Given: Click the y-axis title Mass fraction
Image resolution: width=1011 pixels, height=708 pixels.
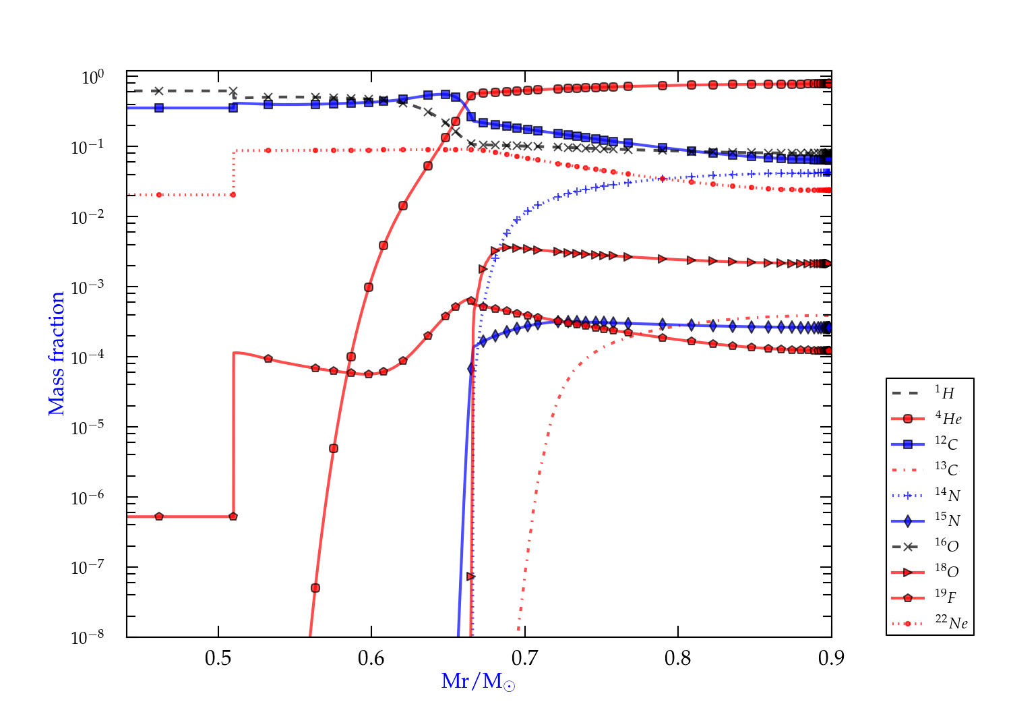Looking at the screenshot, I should point(57,354).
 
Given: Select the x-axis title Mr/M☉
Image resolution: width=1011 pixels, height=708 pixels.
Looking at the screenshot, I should point(478,681).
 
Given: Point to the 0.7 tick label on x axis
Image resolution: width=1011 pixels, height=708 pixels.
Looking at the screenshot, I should point(524,658).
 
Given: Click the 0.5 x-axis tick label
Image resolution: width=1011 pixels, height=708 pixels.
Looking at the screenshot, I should point(218,658).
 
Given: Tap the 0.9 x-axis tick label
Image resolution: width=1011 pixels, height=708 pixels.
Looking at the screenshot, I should point(831,658).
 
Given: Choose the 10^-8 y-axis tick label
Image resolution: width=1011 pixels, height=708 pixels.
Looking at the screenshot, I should point(87,637).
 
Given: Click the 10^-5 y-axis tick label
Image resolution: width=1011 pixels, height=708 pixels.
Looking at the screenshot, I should point(87,427).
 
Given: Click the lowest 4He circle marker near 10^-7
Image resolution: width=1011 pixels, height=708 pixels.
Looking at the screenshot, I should point(315,588).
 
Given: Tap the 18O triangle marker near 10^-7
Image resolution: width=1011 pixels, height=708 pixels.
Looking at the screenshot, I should point(471,577).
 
